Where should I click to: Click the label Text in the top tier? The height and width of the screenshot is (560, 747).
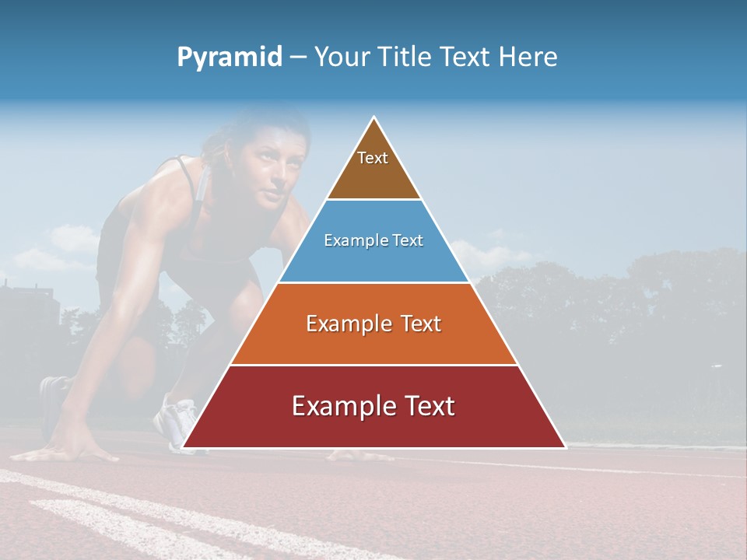tap(373, 159)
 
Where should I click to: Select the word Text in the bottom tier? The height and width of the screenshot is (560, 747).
tap(424, 406)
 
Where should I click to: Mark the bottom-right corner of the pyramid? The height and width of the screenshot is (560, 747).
tap(564, 447)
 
